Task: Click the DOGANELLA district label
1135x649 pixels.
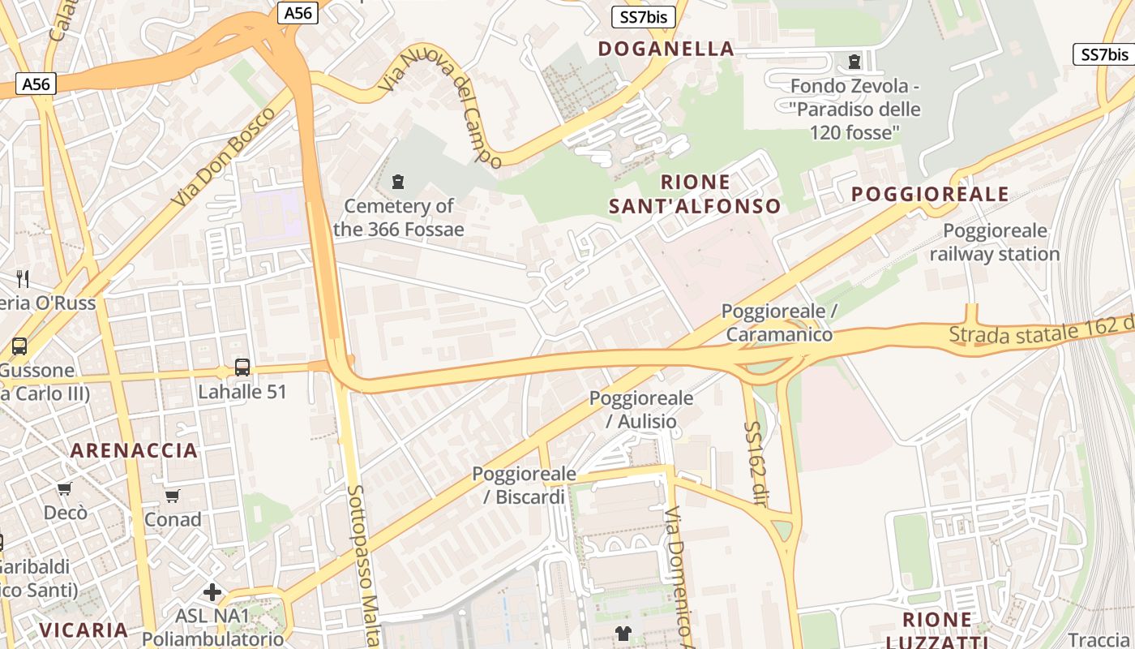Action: click(x=666, y=49)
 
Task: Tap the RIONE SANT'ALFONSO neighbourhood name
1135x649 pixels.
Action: click(x=695, y=194)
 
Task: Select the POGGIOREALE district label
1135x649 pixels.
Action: click(x=930, y=194)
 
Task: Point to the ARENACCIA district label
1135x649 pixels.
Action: click(x=134, y=450)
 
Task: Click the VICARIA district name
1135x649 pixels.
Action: click(x=84, y=630)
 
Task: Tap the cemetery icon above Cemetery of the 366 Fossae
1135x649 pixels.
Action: click(x=398, y=182)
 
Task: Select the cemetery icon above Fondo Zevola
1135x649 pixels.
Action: click(x=854, y=62)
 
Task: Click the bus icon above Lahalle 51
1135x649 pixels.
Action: click(x=242, y=367)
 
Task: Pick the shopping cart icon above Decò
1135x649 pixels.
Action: click(x=65, y=488)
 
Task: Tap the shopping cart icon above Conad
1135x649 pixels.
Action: click(x=172, y=496)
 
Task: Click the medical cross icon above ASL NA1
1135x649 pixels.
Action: click(x=212, y=592)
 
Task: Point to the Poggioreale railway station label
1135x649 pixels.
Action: click(x=995, y=243)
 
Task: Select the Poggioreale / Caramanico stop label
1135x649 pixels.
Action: click(x=779, y=323)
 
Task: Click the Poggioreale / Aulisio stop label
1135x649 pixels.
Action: click(x=641, y=410)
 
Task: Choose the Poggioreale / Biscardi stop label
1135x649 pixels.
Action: click(x=525, y=485)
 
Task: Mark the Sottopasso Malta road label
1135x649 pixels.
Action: click(x=362, y=560)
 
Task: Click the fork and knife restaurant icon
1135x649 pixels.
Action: click(x=23, y=279)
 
